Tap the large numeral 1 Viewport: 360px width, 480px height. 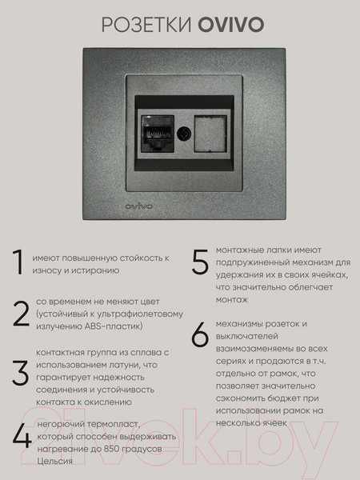click(x=18, y=263)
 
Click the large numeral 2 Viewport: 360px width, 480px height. click(x=20, y=314)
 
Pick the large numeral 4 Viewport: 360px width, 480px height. click(x=21, y=439)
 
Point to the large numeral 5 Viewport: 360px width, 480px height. click(x=199, y=263)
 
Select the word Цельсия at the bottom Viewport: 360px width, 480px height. click(x=54, y=462)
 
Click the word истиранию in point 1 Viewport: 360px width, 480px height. click(x=94, y=271)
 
